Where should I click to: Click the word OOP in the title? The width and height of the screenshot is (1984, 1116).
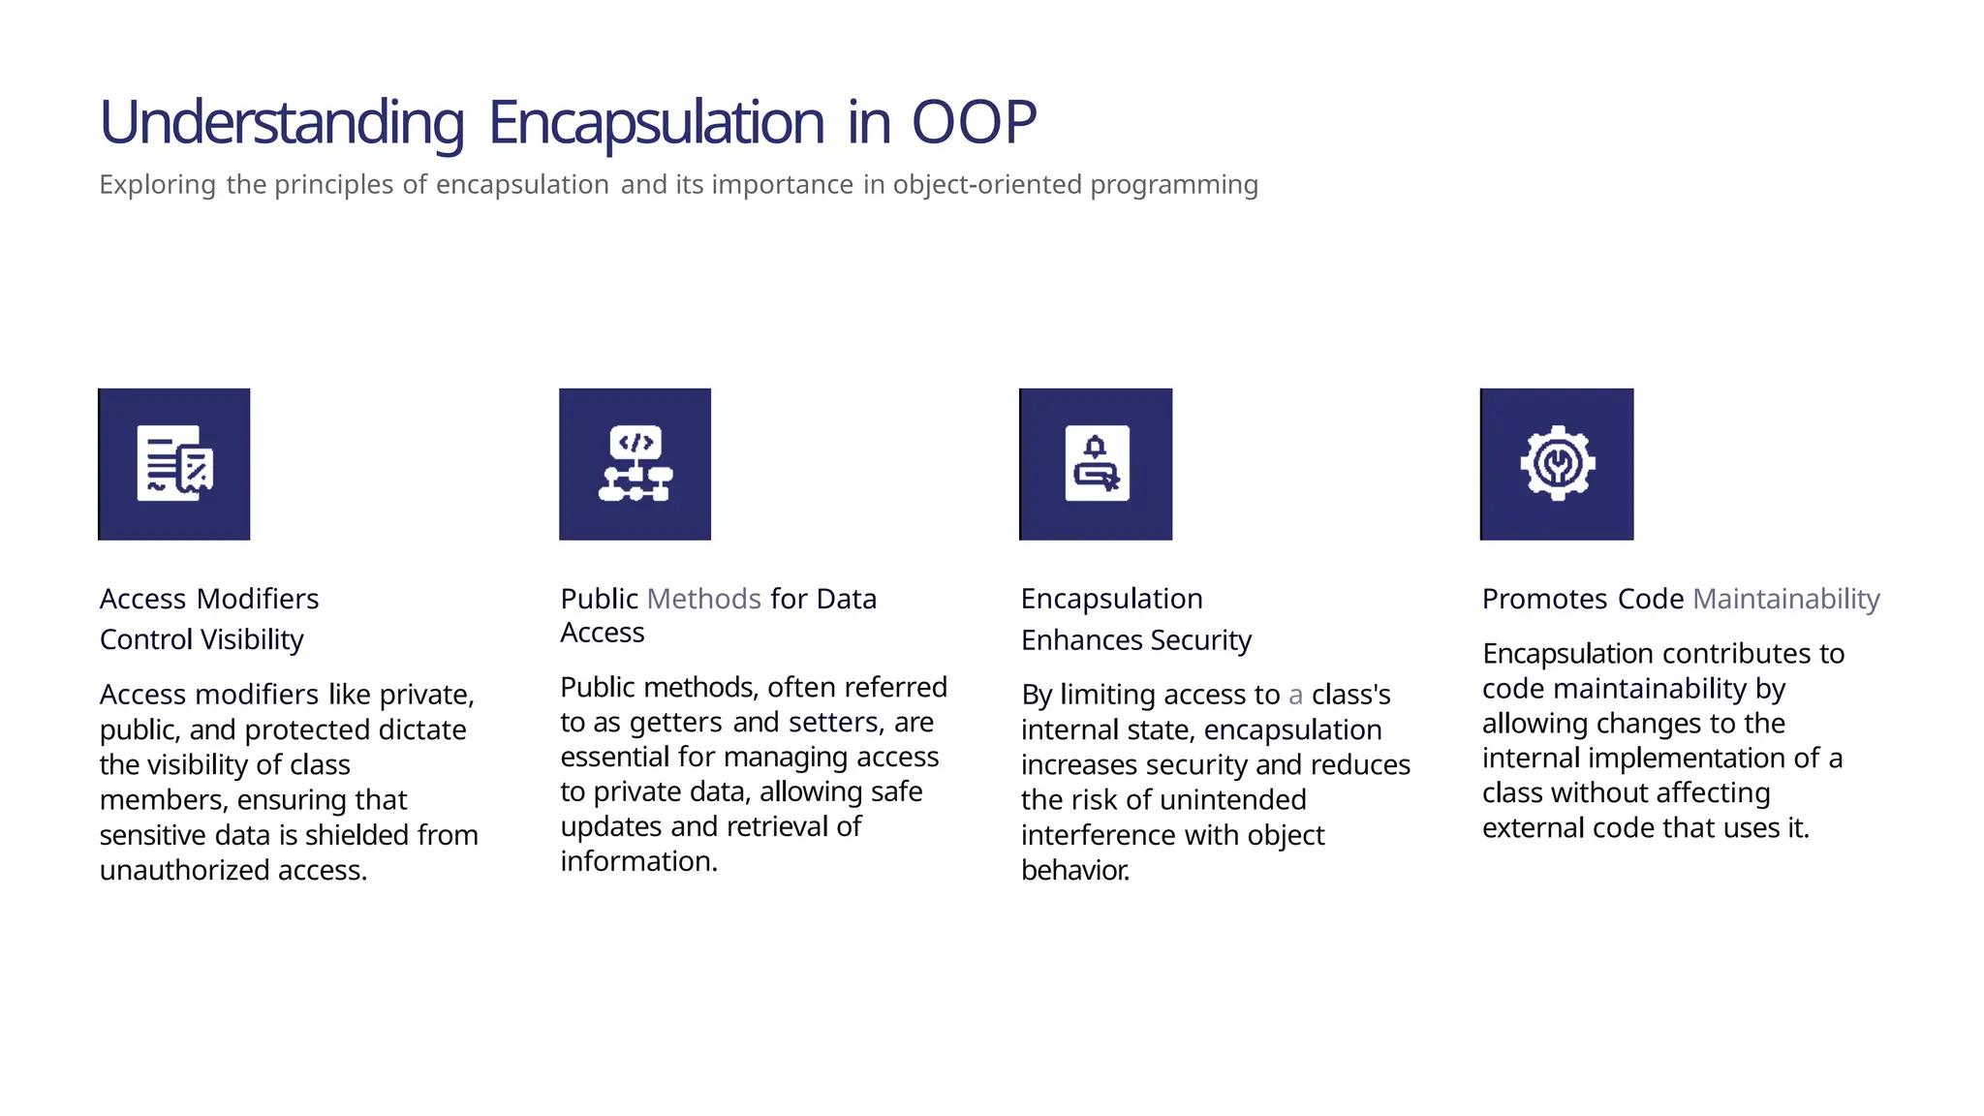(x=974, y=123)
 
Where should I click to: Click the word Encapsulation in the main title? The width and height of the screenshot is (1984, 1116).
(x=656, y=123)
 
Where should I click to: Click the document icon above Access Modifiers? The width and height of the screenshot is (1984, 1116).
(x=174, y=464)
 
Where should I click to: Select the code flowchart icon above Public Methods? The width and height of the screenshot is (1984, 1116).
(x=635, y=464)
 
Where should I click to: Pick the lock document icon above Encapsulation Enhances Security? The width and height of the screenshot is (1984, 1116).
(x=1096, y=464)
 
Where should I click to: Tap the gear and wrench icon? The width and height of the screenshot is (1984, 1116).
(x=1557, y=464)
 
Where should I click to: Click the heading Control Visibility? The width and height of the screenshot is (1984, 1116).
(x=201, y=639)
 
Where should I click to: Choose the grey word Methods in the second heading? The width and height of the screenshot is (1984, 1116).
(x=703, y=599)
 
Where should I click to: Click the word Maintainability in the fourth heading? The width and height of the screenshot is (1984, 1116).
(x=1785, y=599)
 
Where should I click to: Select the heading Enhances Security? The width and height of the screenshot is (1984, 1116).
(x=1135, y=640)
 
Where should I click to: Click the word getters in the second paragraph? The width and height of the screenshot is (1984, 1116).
(x=675, y=722)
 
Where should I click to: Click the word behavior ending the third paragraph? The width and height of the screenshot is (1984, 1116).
(x=1074, y=870)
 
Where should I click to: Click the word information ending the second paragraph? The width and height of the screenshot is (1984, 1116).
(x=637, y=861)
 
